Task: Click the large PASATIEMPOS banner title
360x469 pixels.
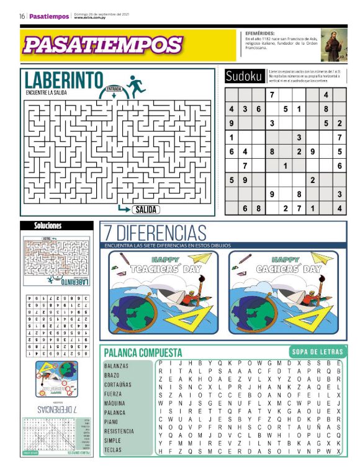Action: point(102,45)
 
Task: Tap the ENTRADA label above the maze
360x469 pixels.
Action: point(114,89)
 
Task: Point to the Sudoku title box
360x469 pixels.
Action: point(243,76)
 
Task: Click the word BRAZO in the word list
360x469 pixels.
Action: point(112,375)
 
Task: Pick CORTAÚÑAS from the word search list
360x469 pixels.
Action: point(118,385)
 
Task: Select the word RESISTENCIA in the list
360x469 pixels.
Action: point(119,431)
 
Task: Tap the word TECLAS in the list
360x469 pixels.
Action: point(113,449)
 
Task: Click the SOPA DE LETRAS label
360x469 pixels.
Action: point(313,352)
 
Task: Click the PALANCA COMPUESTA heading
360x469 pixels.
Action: point(143,352)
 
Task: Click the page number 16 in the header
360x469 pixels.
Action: point(21,17)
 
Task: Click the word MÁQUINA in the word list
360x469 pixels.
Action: point(115,403)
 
